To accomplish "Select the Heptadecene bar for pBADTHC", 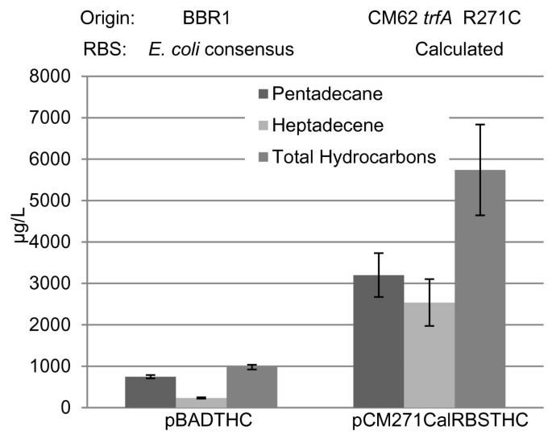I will coord(201,403).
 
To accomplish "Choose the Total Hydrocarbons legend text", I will coord(354,158).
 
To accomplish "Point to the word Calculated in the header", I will coord(459,49).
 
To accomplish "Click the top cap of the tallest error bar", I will coord(480,125).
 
